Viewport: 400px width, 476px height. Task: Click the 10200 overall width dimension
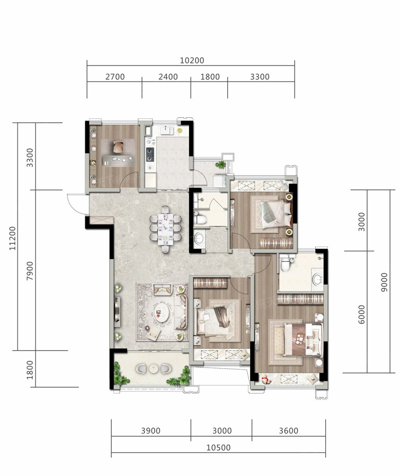coord(192,60)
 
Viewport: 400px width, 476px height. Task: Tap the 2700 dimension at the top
coord(115,77)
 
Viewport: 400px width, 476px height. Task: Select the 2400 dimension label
coord(168,77)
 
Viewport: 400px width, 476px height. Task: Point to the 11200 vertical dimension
coord(13,238)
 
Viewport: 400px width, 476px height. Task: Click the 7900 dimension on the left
coord(30,270)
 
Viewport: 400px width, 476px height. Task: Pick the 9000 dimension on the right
coord(385,282)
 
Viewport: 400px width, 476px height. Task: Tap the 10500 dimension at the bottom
coord(218,447)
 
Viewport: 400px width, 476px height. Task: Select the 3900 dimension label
coord(150,431)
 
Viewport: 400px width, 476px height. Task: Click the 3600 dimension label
coord(288,431)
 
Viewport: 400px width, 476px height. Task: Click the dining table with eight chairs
coord(165,229)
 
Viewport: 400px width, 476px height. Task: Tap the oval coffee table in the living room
coord(162,313)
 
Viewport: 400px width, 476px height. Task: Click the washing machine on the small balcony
coord(220,181)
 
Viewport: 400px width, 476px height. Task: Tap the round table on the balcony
coord(154,369)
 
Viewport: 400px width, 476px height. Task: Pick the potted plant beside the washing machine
coord(220,165)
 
